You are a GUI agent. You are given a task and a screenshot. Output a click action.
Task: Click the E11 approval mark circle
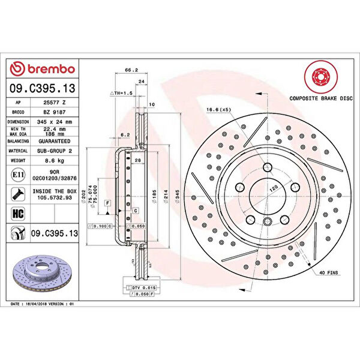tap(18, 175)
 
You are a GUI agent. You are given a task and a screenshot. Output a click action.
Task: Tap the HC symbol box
tap(18, 212)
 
